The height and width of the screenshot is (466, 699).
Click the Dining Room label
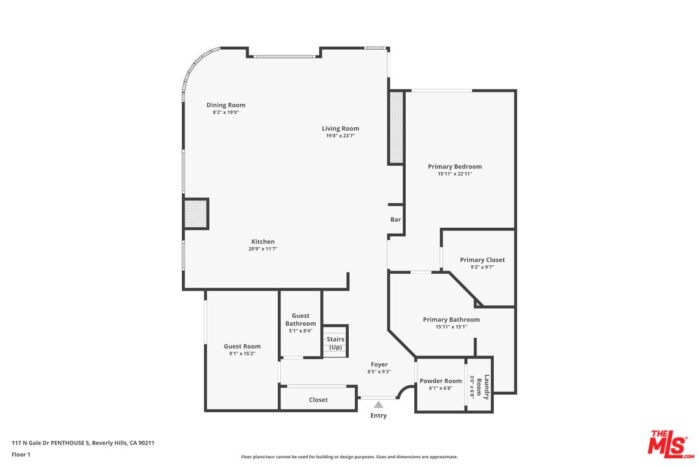tap(226, 105)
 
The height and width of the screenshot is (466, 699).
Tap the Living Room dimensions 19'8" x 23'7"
tap(340, 135)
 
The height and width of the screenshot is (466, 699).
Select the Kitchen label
tap(263, 241)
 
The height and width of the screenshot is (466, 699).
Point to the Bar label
tap(395, 219)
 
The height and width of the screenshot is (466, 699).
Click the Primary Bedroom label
tap(455, 167)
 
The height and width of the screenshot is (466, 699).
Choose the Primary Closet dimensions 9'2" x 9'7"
tap(482, 267)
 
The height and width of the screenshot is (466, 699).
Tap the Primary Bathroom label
tap(451, 320)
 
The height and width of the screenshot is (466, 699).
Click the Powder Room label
tap(441, 381)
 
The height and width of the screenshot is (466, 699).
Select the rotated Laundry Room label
tap(483, 386)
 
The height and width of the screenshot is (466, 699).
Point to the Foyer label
tap(379, 365)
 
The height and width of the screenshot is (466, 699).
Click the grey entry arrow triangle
tap(379, 405)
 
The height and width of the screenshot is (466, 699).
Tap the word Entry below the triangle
tap(379, 416)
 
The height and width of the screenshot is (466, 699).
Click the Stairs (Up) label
tap(335, 343)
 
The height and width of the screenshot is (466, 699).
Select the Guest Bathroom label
tap(300, 320)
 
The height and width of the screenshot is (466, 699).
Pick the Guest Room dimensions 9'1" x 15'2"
tap(242, 353)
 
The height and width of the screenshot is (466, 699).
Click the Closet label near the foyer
tap(318, 400)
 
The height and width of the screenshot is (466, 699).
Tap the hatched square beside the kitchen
tap(195, 214)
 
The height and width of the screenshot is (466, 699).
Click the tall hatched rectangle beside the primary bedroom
tap(396, 128)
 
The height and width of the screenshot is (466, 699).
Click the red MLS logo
tap(671, 444)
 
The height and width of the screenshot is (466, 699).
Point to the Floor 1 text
tap(21, 455)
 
